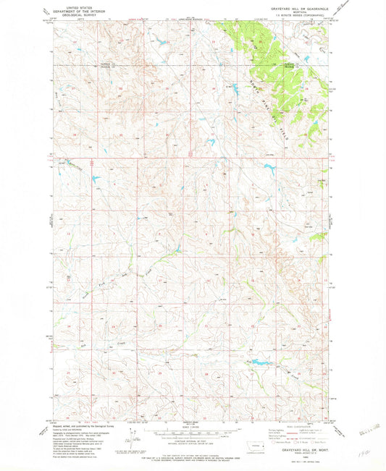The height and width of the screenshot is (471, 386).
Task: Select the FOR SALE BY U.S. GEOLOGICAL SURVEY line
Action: click(193, 457)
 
